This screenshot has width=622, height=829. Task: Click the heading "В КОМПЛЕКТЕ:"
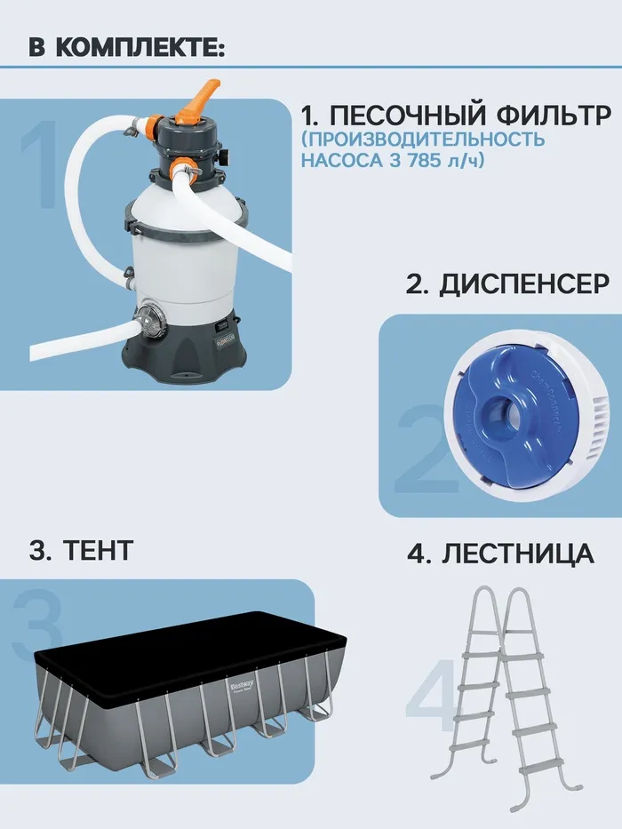(127, 47)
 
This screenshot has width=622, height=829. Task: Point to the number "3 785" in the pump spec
(413, 160)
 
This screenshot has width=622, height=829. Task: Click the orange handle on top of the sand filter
(198, 100)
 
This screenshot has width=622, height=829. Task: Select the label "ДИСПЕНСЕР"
(507, 284)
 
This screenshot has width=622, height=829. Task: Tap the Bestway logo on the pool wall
(241, 688)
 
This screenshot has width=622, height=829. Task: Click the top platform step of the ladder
(502, 656)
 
